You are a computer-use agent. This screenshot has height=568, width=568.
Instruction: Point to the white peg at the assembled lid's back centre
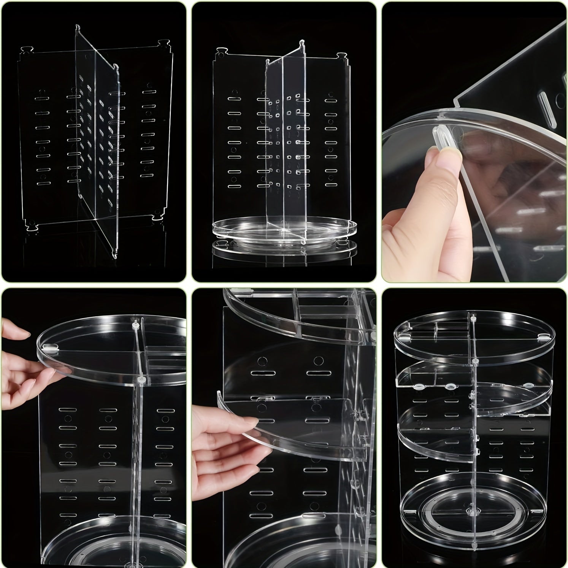coord(473,315)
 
